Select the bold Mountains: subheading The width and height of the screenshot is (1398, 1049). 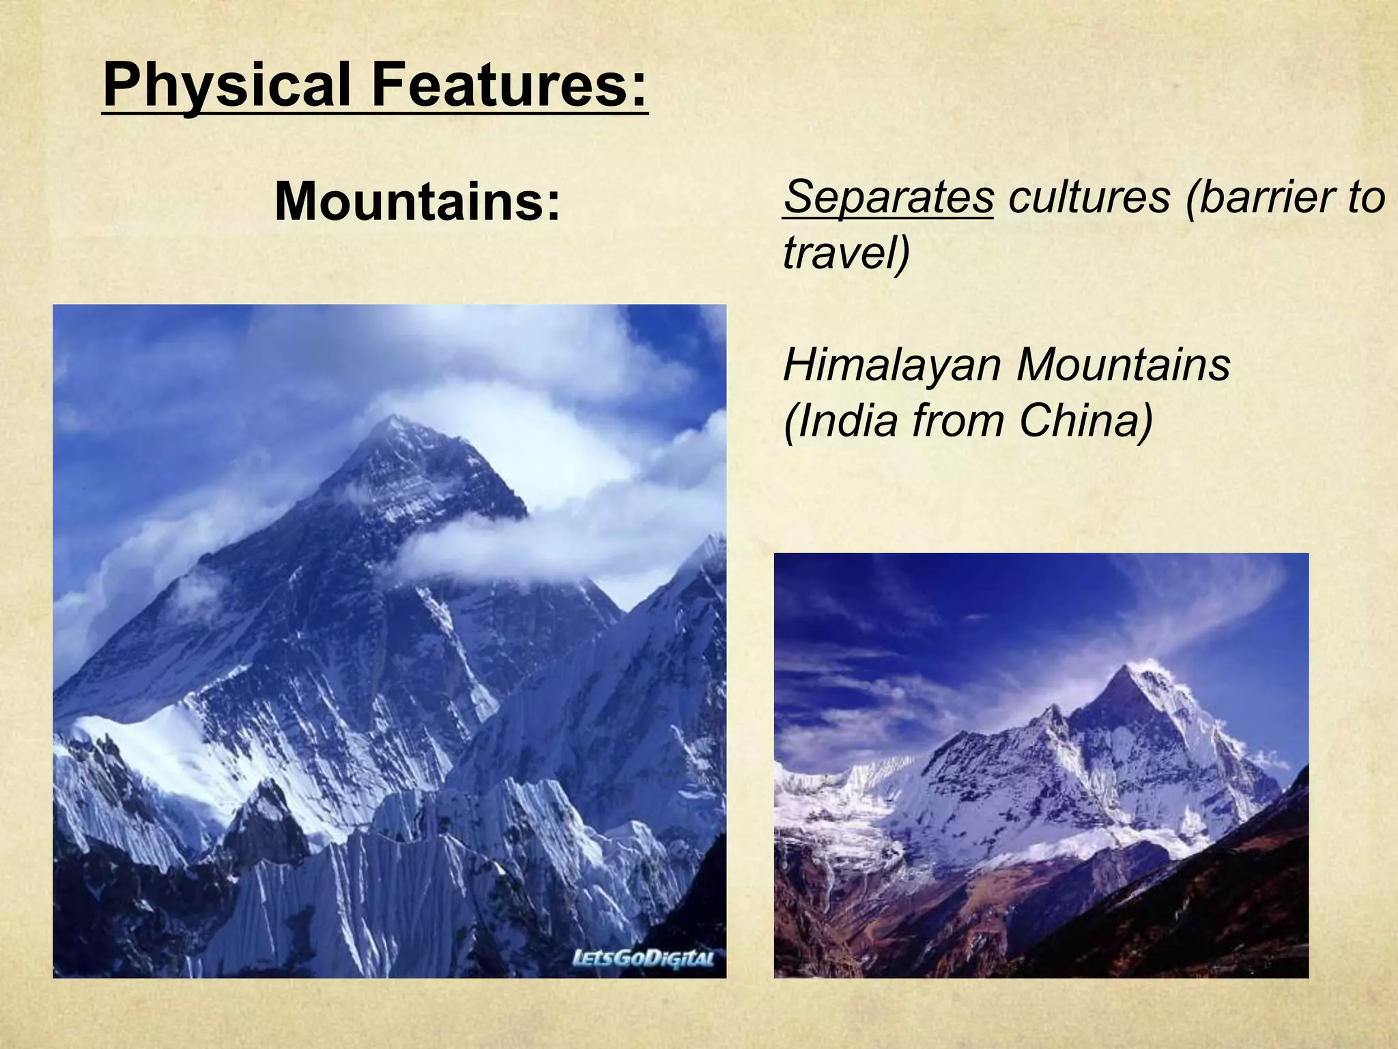pos(417,203)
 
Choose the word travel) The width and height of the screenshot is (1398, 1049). pos(846,253)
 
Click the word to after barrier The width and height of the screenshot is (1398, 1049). pos(1365,198)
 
